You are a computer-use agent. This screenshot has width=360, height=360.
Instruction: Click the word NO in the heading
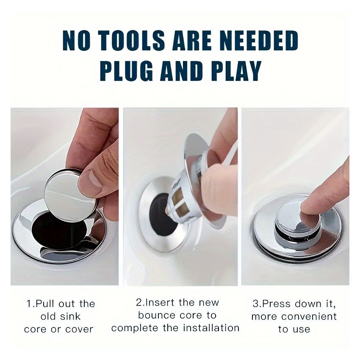(x=75, y=41)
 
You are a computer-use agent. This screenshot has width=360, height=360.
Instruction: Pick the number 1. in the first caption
(x=30, y=304)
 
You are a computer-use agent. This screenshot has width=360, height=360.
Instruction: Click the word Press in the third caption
(x=275, y=304)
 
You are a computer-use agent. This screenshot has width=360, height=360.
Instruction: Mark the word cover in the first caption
(x=79, y=329)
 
